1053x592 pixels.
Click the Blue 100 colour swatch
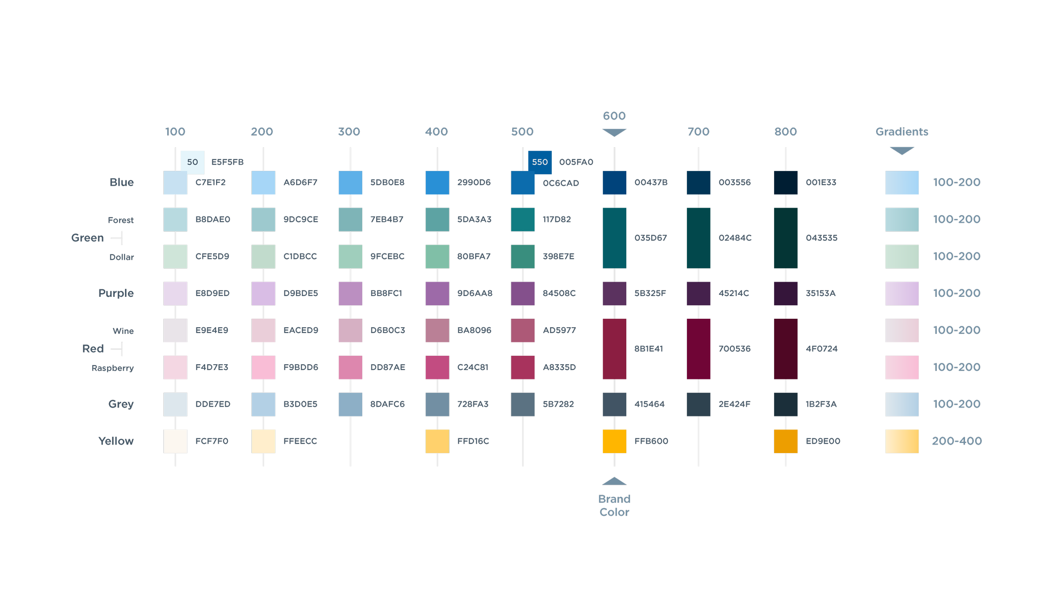tap(175, 183)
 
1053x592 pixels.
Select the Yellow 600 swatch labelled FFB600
tap(614, 441)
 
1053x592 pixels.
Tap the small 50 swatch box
tap(192, 162)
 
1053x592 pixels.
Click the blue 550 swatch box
tap(540, 162)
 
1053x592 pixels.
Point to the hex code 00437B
tap(651, 182)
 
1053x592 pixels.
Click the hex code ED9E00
tap(823, 441)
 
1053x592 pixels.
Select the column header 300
tap(349, 132)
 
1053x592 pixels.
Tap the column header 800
tap(785, 132)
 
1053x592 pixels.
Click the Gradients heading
tap(901, 132)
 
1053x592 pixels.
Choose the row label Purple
tap(116, 293)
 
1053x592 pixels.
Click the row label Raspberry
tap(112, 368)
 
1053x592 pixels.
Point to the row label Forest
tap(120, 220)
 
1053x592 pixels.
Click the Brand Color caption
tap(614, 505)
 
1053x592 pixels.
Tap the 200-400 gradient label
tap(957, 441)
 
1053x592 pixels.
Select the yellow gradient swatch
tap(901, 441)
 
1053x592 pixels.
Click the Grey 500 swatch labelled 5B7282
tap(523, 404)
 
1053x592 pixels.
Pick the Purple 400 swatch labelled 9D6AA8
tap(437, 293)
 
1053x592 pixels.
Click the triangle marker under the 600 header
tap(614, 133)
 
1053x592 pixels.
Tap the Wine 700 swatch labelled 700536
tap(698, 349)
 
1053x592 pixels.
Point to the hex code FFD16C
tap(473, 441)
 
